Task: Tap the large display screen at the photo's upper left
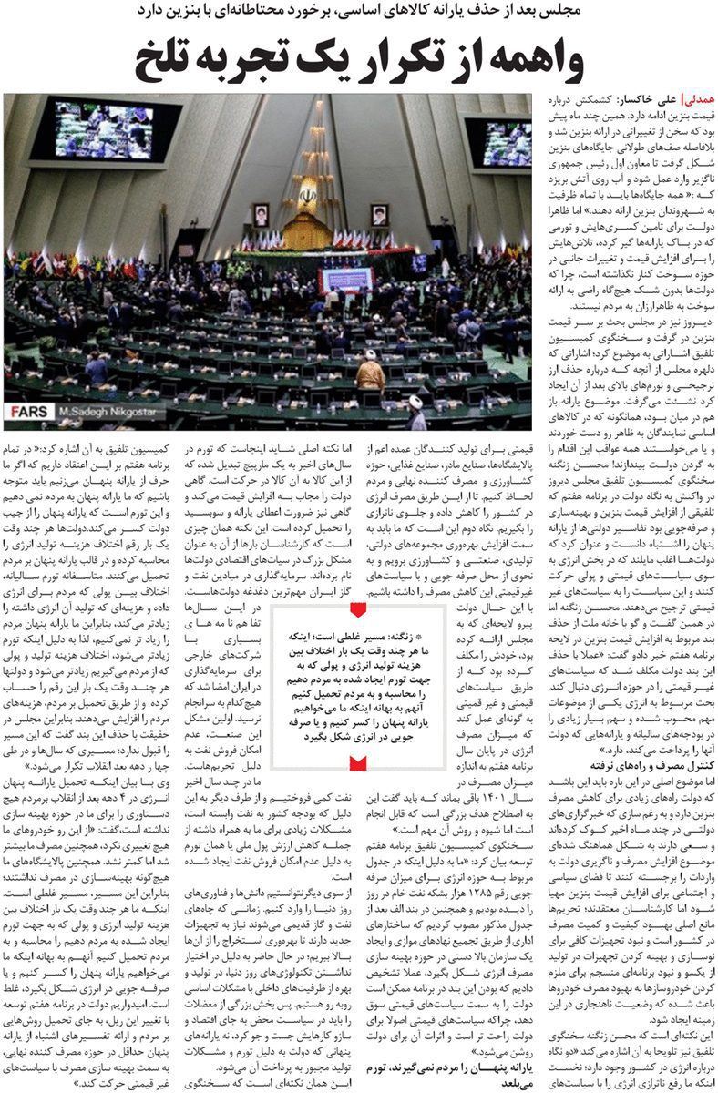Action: pyautogui.click(x=105, y=131)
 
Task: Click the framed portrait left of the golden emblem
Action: pyautogui.click(x=262, y=214)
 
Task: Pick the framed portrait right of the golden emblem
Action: pyautogui.click(x=378, y=215)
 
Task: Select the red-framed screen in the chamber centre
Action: pyautogui.click(x=347, y=279)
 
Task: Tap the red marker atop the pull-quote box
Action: pyautogui.click(x=360, y=608)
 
